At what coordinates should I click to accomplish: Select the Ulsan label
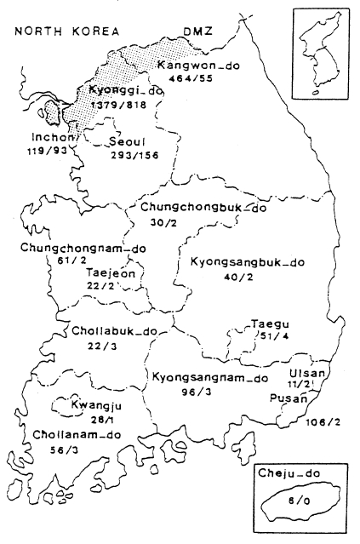(x=305, y=373)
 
